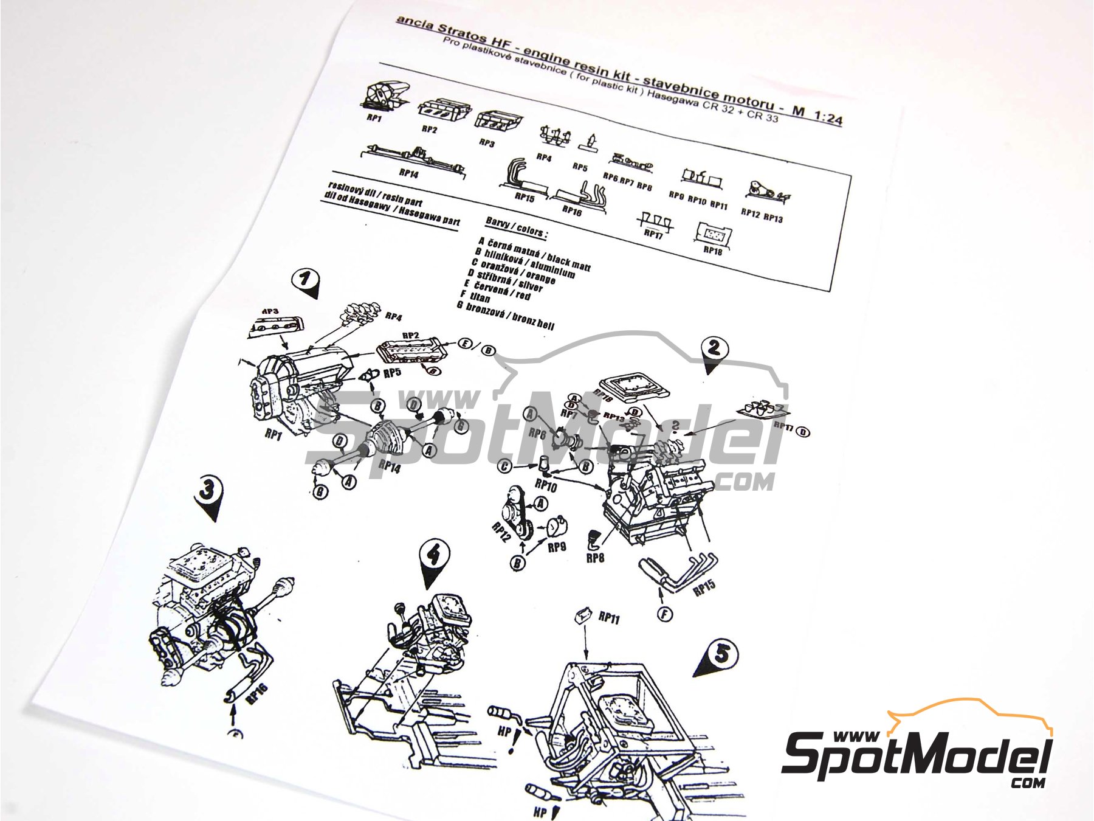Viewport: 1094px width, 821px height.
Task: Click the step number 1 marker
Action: click(x=306, y=280)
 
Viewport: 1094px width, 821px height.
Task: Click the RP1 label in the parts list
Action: click(x=374, y=118)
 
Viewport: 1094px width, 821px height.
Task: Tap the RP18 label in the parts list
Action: click(x=712, y=250)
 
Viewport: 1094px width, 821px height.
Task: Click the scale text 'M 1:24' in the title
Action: click(x=817, y=114)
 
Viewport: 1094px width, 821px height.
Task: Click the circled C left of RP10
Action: click(x=503, y=466)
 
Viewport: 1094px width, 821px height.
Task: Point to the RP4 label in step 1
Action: click(x=394, y=317)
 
